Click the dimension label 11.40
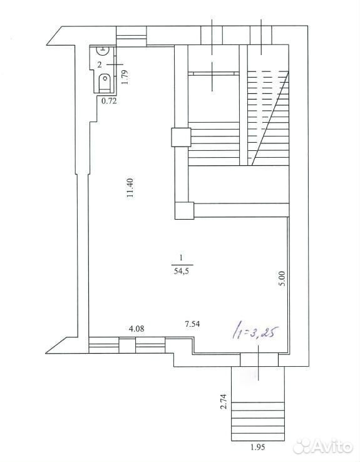tap(131, 188)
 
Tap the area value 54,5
tap(181, 271)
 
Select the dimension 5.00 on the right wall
tap(282, 279)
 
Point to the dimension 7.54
tap(192, 324)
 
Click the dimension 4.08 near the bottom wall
tap(136, 329)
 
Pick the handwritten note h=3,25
tap(255, 332)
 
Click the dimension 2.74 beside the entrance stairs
tap(224, 401)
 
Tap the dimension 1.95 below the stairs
tap(258, 447)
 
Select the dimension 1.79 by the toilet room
tap(125, 77)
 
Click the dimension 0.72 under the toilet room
tap(110, 101)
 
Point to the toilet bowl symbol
tap(105, 83)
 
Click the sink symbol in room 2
tap(103, 50)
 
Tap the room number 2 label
tap(100, 64)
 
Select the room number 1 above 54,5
tap(181, 258)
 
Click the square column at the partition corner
tap(185, 211)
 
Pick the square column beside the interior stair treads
tap(181, 137)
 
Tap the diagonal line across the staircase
tap(270, 118)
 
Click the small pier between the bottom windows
tap(127, 346)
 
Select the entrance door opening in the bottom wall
tap(259, 360)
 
